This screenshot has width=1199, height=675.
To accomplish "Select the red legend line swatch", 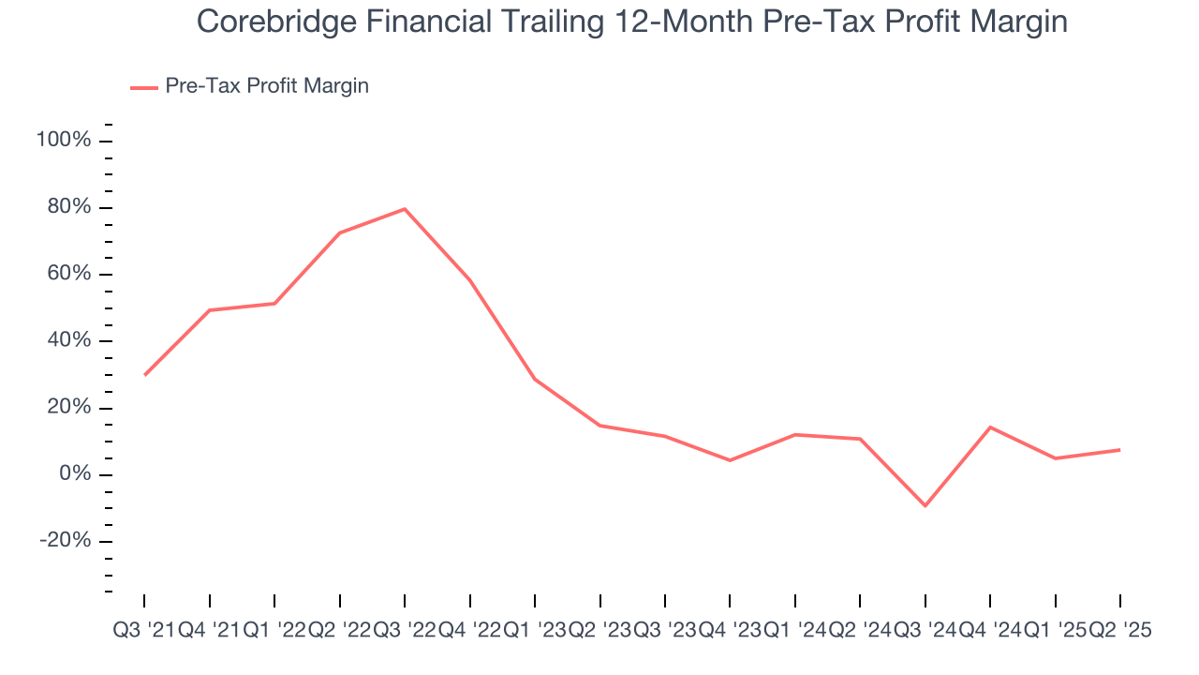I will [x=143, y=87].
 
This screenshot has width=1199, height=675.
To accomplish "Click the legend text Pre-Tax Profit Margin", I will [x=267, y=86].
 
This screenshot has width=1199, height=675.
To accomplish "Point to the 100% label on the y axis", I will [x=64, y=141].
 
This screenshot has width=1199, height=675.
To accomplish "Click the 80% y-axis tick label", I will [x=69, y=207].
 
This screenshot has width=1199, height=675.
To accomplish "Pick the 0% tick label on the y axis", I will [x=75, y=474].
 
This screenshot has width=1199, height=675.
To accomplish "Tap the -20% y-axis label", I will [x=65, y=541].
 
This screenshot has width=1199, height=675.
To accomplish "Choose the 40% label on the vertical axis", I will [x=69, y=341].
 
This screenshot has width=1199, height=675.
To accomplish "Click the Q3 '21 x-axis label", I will [x=144, y=631].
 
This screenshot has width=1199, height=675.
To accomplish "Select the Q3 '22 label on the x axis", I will [x=405, y=631].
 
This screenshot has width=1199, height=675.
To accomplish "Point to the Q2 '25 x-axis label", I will [x=1120, y=631].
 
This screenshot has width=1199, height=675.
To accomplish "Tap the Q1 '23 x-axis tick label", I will [x=535, y=631].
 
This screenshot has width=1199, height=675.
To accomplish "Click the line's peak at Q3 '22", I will [x=405, y=209].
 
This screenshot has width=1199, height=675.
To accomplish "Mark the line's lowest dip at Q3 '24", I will [x=925, y=506].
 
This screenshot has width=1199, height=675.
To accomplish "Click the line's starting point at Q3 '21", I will [x=144, y=375].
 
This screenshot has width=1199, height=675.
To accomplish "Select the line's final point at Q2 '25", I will [x=1120, y=450].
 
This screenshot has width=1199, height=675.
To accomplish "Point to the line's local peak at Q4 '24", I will [x=990, y=427].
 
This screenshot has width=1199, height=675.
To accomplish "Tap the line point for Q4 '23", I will [x=730, y=460].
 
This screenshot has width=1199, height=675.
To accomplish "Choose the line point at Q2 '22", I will [x=339, y=232].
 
